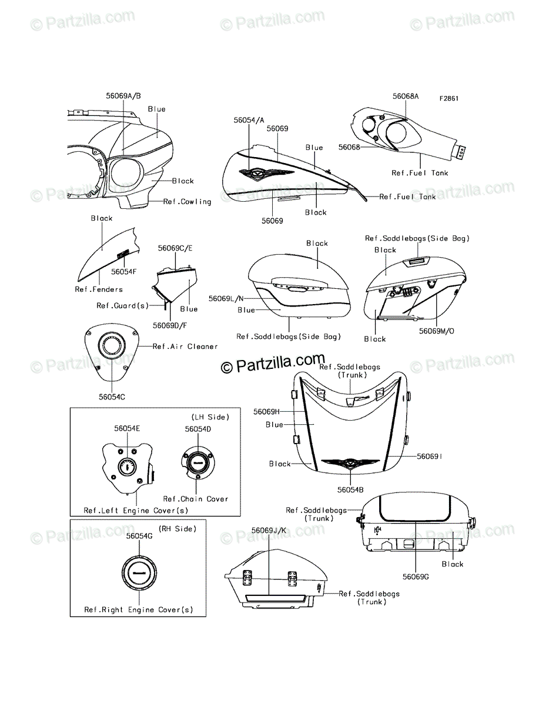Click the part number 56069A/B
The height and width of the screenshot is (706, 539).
tap(123, 96)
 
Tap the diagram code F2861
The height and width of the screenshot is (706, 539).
tap(449, 98)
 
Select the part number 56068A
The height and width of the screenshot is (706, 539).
tap(406, 96)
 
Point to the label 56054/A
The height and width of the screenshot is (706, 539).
tap(249, 120)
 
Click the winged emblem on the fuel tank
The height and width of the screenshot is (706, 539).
tap(266, 173)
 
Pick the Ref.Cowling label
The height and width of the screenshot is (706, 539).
tap(188, 202)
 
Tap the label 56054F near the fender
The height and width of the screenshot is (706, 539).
tap(123, 272)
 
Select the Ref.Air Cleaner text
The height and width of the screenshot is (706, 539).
tap(185, 347)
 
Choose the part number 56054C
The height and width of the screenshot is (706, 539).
tap(112, 397)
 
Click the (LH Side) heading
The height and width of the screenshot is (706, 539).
tap(210, 417)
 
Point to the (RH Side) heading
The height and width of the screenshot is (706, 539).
tap(178, 529)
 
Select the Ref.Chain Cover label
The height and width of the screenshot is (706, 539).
tap(196, 499)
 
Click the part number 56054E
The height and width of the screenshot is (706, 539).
tap(127, 428)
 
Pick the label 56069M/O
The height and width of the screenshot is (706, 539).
tap(437, 331)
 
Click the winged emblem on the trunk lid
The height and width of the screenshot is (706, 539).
tap(350, 464)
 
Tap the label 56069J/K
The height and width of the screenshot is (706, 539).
tap(269, 531)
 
